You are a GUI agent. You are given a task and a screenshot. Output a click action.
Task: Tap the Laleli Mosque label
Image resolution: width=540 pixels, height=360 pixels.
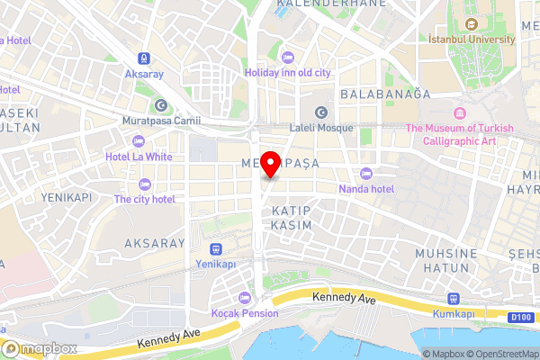pyautogui.click(x=321, y=129)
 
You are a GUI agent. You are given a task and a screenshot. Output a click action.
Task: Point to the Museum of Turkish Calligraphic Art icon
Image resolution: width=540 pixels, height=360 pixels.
pyautogui.click(x=460, y=113)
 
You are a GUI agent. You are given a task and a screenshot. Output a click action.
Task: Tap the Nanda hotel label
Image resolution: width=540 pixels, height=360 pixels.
pyautogui.click(x=366, y=189)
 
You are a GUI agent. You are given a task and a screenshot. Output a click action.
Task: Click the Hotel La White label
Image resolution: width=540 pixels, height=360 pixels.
pyautogui.click(x=139, y=156)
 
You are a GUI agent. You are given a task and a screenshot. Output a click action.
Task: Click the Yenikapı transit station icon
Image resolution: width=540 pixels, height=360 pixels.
pyautogui.click(x=215, y=249)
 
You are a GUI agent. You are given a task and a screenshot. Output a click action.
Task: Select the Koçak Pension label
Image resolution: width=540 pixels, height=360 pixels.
pyautogui.click(x=245, y=313)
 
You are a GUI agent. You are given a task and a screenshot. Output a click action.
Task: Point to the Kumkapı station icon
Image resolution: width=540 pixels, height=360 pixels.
pyautogui.click(x=453, y=299)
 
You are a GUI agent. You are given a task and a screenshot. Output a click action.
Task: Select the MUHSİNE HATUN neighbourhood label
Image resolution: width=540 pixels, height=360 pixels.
pyautogui.click(x=445, y=261)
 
